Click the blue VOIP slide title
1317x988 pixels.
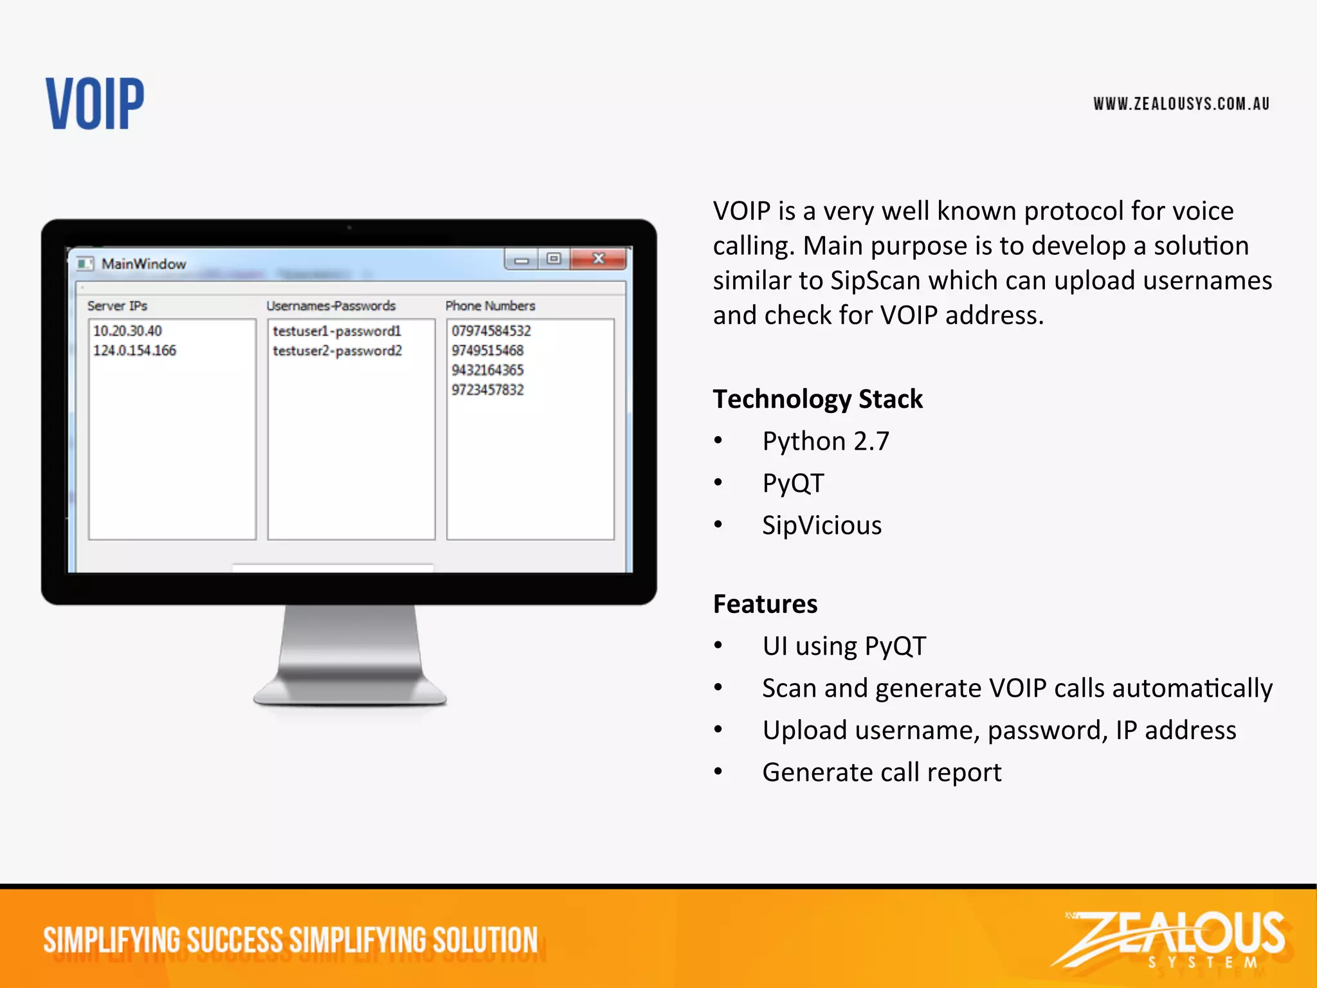click(x=95, y=104)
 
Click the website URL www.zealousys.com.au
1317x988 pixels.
click(x=1181, y=104)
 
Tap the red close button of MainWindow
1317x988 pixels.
click(x=599, y=259)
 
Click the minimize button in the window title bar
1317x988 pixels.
click(x=522, y=260)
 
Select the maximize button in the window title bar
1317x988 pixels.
click(x=554, y=259)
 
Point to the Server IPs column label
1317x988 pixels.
click(x=117, y=306)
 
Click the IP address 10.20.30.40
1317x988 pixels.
click(x=127, y=331)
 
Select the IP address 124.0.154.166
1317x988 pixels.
click(x=134, y=351)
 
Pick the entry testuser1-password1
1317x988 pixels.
click(x=337, y=331)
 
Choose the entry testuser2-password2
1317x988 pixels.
click(x=337, y=351)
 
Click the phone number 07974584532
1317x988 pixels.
click(x=491, y=331)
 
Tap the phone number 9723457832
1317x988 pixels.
click(x=487, y=390)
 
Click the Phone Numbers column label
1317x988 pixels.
click(x=490, y=306)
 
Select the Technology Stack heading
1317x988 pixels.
click(x=817, y=399)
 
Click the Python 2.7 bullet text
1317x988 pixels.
click(x=826, y=442)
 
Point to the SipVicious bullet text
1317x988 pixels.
click(x=822, y=526)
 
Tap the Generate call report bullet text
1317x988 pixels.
click(x=882, y=773)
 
